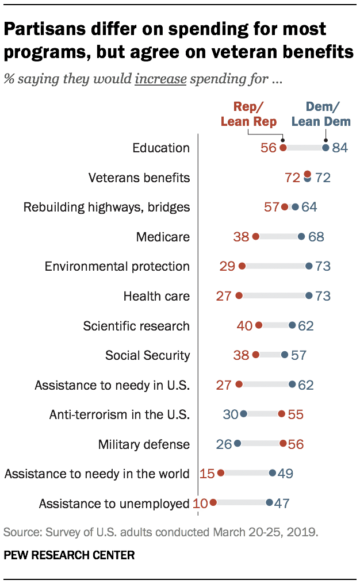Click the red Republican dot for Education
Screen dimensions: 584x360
(x=283, y=148)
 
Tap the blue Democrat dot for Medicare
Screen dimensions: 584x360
(x=301, y=236)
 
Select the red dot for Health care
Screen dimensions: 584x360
(x=239, y=296)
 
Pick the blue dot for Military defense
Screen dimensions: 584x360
(x=238, y=444)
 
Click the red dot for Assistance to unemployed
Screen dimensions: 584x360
(x=213, y=502)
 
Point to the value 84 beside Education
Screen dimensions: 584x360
(x=340, y=148)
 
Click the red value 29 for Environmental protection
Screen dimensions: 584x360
(x=227, y=266)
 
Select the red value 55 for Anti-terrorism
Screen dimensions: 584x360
(x=295, y=414)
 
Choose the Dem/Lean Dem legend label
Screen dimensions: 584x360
(x=321, y=114)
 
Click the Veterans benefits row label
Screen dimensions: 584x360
(x=139, y=178)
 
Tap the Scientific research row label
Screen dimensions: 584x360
(x=136, y=326)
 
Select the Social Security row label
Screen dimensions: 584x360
(x=147, y=355)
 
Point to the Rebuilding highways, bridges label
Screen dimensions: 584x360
(x=106, y=207)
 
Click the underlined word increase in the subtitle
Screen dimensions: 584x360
(x=160, y=79)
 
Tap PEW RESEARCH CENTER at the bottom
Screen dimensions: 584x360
(x=69, y=555)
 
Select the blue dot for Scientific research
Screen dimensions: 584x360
(x=292, y=325)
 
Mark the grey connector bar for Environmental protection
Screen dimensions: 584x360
(x=275, y=266)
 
